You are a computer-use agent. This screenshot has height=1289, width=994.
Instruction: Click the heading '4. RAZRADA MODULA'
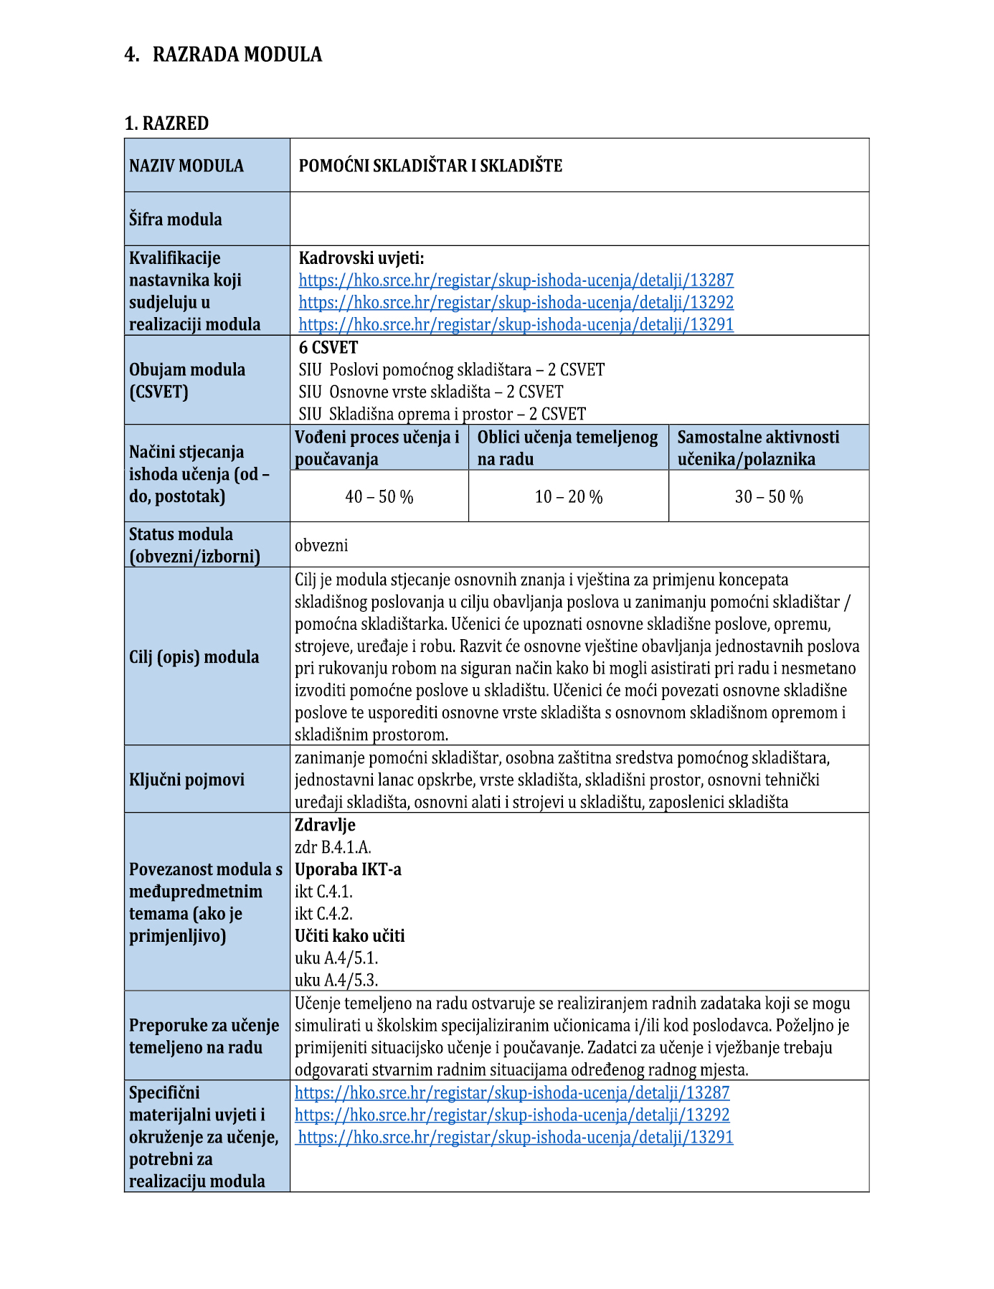223,55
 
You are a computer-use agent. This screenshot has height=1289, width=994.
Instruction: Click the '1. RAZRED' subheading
166,123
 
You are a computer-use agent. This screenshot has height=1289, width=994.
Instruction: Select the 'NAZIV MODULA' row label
186,166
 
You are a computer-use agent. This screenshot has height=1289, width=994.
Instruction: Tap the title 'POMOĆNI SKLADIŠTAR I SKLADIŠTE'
430,166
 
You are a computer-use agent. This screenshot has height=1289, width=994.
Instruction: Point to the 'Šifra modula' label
176,219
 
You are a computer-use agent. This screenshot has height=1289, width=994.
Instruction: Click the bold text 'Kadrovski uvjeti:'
361,258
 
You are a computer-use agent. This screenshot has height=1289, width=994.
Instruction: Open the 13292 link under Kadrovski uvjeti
516,302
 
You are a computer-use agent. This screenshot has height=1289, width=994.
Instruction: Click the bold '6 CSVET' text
328,347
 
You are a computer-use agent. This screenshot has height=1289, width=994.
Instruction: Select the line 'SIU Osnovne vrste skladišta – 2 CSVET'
431,392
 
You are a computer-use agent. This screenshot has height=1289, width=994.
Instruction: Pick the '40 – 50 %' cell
379,496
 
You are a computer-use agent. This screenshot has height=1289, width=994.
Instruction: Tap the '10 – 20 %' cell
569,496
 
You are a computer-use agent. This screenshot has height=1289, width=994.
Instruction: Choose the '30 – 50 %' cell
769,496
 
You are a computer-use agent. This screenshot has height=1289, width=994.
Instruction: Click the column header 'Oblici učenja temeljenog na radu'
567,448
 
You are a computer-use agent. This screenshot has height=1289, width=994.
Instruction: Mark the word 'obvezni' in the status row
321,545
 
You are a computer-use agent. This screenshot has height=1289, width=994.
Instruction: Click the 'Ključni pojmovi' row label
186,780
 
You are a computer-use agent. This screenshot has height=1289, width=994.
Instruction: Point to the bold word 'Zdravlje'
325,825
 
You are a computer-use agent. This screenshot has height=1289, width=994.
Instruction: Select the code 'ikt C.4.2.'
323,913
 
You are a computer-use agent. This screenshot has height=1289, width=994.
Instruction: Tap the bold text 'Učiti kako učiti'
350,935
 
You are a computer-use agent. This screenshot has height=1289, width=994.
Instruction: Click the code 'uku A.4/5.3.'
336,980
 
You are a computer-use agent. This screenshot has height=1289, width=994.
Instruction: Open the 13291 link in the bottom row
516,1137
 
